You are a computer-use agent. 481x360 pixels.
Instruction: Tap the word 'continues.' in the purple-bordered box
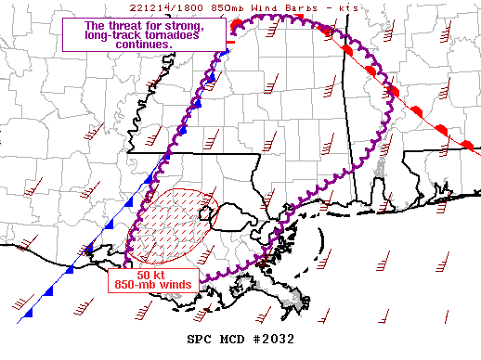146,45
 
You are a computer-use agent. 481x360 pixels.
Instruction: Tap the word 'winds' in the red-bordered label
175,284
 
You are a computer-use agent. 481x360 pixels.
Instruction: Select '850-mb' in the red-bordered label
136,284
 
